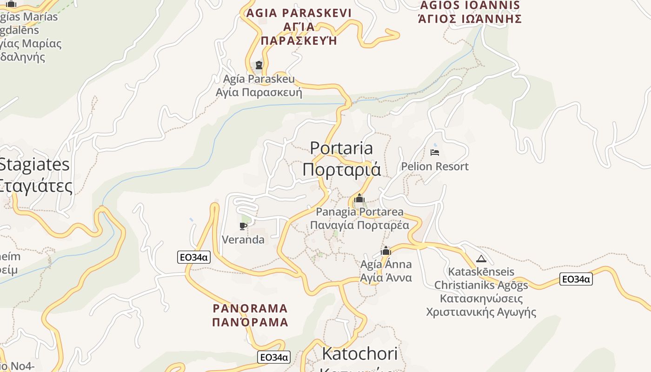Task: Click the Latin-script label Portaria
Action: tap(341, 148)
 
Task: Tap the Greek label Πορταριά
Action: tap(341, 169)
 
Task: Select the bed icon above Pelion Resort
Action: tap(435, 152)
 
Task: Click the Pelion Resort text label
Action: tap(435, 166)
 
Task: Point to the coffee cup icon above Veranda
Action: tap(243, 226)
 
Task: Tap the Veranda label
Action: tap(243, 240)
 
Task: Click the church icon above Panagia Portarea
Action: tap(359, 199)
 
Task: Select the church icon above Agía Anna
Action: tap(386, 251)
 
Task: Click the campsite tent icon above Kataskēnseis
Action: tap(481, 259)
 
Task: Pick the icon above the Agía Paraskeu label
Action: tap(259, 65)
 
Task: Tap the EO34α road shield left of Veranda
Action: tap(194, 257)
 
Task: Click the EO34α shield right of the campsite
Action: tap(576, 279)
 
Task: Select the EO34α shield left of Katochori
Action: tap(274, 357)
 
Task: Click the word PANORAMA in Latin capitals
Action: tap(250, 308)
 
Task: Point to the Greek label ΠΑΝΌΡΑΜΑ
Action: tap(250, 322)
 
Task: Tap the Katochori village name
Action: tap(359, 354)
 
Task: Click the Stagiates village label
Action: tap(34, 165)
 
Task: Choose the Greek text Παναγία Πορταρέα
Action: tap(359, 226)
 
